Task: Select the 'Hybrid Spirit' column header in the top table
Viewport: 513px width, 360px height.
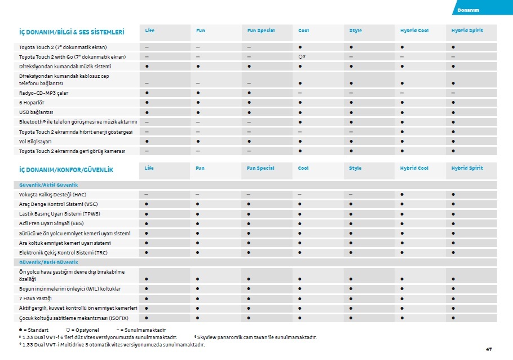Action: point(467,30)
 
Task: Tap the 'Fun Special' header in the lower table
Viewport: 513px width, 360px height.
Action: point(260,168)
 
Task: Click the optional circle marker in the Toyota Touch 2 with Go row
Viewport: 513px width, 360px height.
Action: point(300,57)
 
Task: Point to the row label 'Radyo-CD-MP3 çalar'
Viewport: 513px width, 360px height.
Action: point(43,93)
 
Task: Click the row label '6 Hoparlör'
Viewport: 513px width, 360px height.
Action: point(33,103)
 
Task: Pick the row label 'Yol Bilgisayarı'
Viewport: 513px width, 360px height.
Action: point(36,141)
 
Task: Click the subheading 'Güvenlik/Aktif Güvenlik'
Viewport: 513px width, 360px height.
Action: point(48,185)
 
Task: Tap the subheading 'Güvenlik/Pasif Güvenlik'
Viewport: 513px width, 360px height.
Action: point(48,262)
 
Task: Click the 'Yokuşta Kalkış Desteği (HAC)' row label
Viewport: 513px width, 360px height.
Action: point(53,195)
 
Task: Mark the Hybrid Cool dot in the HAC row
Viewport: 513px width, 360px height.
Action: point(403,195)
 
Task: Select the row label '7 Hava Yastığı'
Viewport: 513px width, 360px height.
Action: point(36,298)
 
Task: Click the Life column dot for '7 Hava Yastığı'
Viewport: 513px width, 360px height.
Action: point(147,298)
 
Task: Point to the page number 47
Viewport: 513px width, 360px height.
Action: point(489,349)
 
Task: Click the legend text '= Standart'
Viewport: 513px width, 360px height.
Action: point(37,330)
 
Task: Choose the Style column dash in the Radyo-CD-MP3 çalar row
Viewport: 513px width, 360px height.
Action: point(351,93)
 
